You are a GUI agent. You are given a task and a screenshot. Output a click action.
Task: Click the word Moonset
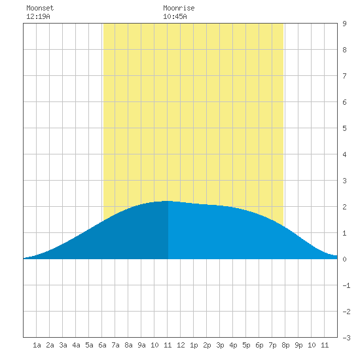pos(40,8)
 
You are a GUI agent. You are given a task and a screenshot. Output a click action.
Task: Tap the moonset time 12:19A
pos(38,16)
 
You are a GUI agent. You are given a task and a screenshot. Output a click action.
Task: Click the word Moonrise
pos(179,8)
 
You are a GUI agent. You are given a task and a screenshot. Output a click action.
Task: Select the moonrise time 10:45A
pos(175,16)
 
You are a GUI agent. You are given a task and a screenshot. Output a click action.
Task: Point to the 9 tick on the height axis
pos(344,24)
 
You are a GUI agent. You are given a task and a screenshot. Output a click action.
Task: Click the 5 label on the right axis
pos(344,128)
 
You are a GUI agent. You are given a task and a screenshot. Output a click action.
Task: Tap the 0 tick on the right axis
pos(344,259)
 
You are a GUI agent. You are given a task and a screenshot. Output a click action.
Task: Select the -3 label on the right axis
pos(346,338)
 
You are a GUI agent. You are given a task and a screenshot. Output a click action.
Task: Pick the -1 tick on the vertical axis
pos(346,285)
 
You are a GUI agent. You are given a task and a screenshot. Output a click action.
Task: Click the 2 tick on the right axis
pos(344,207)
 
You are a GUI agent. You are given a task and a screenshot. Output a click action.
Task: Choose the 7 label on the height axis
pos(344,76)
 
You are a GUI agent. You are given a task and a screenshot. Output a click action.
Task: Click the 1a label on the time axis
pos(37,345)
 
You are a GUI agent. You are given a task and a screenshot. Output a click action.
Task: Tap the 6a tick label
pos(102,345)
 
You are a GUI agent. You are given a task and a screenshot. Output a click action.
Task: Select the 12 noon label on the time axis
pos(181,345)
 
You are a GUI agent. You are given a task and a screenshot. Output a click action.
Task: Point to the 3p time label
pos(220,345)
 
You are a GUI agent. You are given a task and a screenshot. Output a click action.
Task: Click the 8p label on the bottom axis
pos(285,345)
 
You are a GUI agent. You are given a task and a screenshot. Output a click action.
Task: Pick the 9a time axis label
pos(141,345)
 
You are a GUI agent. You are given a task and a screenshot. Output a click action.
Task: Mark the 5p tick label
pos(246,345)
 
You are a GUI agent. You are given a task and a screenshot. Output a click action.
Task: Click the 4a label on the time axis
pos(76,345)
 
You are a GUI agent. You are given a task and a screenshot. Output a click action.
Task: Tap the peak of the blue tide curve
pos(168,201)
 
